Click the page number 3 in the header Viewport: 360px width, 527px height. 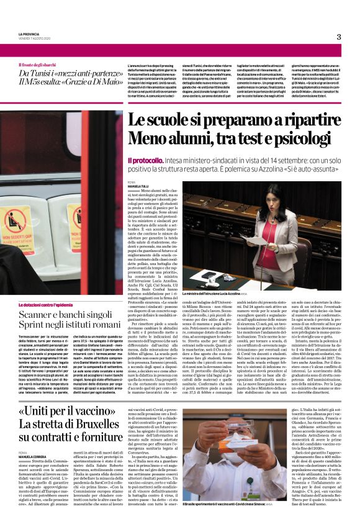click(339, 37)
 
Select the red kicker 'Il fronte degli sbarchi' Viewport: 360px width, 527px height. click(39, 64)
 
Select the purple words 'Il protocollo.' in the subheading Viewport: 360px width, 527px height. click(146, 160)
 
